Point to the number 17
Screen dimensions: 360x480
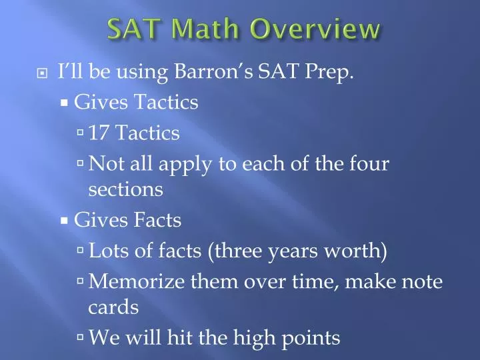[99, 133]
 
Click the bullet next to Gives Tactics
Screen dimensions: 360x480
[65, 103]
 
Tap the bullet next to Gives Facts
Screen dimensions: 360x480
[65, 220]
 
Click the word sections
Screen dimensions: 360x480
[125, 190]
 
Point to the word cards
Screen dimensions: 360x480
[113, 307]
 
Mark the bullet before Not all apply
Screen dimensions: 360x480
[81, 164]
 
